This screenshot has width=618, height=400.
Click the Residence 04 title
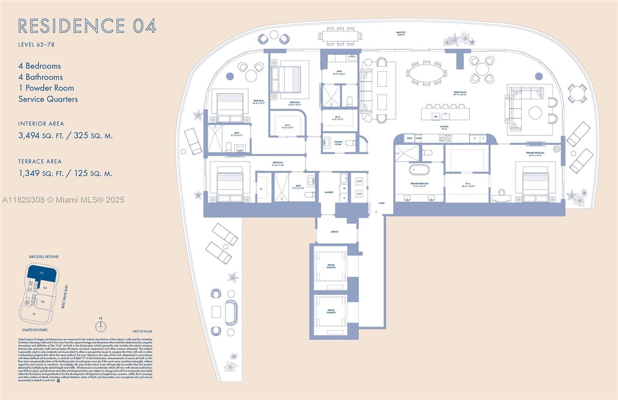tap(87, 26)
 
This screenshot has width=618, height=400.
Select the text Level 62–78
tap(36, 44)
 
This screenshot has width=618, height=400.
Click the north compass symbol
tap(100, 327)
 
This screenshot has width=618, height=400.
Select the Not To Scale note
tap(142, 331)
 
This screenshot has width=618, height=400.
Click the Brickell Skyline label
tap(44, 257)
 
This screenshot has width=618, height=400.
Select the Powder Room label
tap(338, 143)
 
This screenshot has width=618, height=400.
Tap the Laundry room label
tap(329, 192)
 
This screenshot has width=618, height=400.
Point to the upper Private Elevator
tap(331, 266)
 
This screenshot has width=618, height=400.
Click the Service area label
tap(334, 232)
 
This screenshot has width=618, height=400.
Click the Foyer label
tap(381, 203)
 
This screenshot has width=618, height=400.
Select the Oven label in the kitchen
tap(409, 138)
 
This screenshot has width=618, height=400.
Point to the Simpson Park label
tap(35, 330)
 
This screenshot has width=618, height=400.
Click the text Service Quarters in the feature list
tap(48, 99)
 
